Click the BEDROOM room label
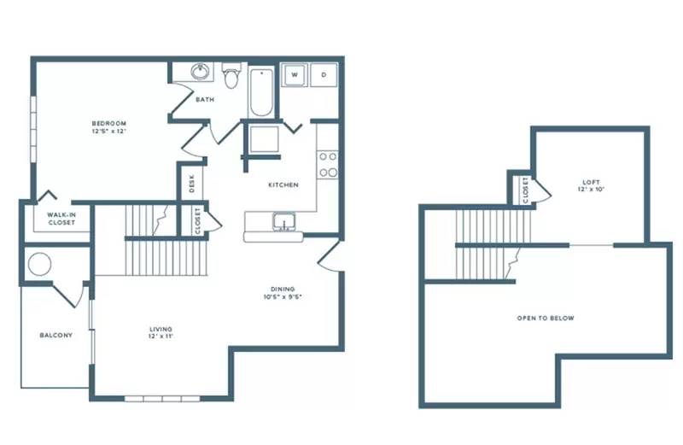click(109, 123)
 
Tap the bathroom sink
click(201, 72)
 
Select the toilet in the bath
click(231, 75)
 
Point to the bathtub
click(261, 92)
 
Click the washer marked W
click(294, 75)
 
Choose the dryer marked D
click(324, 75)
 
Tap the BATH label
click(205, 100)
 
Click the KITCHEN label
click(283, 184)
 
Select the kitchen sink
click(284, 222)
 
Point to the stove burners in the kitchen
click(328, 164)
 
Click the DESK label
click(192, 184)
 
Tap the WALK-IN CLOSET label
click(61, 219)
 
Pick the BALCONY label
click(56, 335)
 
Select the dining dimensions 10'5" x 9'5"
click(283, 297)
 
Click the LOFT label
click(591, 182)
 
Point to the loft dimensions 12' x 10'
click(591, 190)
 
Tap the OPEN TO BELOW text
click(546, 319)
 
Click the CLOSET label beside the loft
click(525, 190)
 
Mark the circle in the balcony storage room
click(39, 264)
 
